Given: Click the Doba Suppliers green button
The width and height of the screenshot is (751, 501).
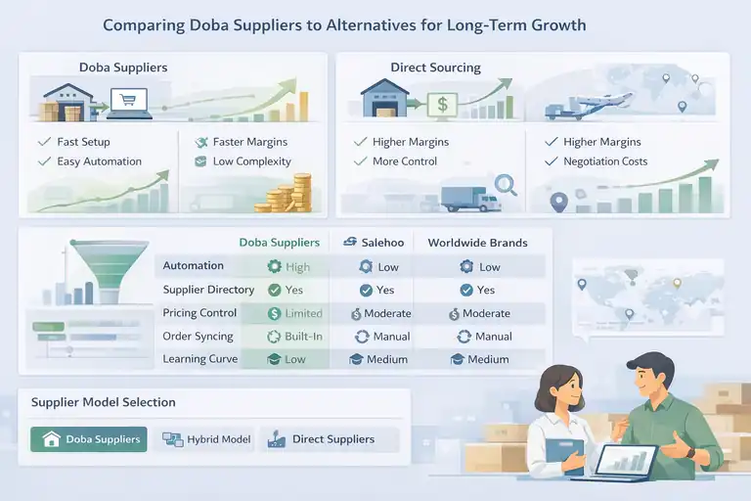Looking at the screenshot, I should tap(89, 439).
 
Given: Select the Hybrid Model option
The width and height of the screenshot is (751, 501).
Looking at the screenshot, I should tap(206, 439).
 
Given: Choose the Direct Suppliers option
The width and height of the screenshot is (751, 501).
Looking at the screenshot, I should tap(322, 439).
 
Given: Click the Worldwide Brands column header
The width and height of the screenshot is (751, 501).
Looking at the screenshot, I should tap(478, 242).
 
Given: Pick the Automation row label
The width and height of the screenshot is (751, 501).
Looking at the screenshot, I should tap(193, 266).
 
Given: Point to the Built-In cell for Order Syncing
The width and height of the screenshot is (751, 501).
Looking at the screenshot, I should tap(295, 337).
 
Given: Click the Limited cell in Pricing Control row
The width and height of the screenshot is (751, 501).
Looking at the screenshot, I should tap(295, 313).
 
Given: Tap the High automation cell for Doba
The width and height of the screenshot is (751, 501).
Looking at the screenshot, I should tap(289, 266).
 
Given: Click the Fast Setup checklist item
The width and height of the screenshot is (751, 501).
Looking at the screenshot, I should tap(83, 142).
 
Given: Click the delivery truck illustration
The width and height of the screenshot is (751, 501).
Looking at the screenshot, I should tap(469, 199).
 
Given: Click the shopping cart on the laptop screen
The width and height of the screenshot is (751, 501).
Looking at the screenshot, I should tap(128, 98).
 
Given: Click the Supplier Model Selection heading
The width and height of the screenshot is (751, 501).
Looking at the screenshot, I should tap(104, 402).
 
